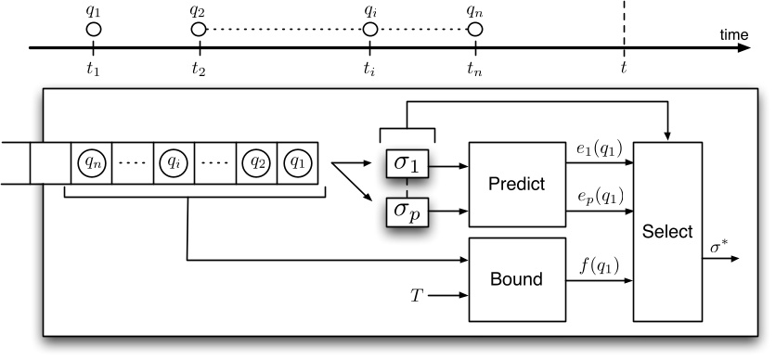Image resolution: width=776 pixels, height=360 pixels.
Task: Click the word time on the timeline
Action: click(x=733, y=34)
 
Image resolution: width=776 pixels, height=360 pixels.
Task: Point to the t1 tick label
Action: click(x=92, y=69)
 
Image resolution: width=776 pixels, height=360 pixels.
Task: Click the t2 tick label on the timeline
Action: click(x=197, y=69)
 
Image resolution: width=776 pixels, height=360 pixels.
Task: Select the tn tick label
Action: click(x=474, y=69)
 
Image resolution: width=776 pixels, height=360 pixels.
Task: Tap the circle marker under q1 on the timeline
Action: click(x=93, y=30)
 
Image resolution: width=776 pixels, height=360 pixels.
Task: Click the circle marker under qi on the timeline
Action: click(x=370, y=30)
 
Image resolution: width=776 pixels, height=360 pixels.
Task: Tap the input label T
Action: click(x=417, y=297)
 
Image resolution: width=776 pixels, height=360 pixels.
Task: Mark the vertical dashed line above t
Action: click(x=624, y=23)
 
